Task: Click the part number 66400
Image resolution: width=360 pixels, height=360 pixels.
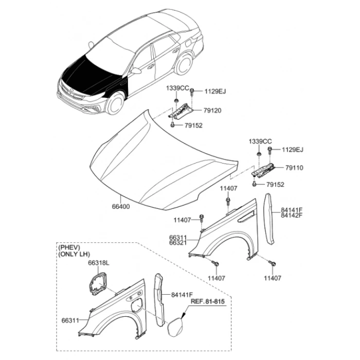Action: point(121,207)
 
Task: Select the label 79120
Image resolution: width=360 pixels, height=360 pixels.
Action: point(212,111)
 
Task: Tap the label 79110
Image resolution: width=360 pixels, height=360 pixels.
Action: point(294,168)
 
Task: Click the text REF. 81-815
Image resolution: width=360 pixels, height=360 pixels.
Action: point(208,301)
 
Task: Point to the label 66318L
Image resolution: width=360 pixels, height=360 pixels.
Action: point(99,263)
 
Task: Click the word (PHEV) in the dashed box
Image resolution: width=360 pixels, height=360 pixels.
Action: point(69,247)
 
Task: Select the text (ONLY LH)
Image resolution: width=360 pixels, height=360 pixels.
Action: point(74,254)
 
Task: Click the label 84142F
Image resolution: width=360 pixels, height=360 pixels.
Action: point(292,215)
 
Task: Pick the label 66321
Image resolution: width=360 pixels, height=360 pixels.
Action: point(178,243)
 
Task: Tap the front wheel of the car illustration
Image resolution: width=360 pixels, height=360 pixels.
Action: point(115,103)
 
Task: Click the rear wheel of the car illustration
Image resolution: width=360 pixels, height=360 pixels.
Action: point(184,64)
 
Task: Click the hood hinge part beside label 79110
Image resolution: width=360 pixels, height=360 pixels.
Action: point(263,170)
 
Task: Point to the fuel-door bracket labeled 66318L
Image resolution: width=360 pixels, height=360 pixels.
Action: point(97,283)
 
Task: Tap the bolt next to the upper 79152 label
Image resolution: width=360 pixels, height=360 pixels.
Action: point(173,124)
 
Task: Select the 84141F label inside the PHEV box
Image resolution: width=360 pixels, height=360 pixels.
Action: point(182,295)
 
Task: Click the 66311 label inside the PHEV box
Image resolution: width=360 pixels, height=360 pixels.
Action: point(70,320)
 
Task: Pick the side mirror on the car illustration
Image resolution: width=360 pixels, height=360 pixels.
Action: point(136,71)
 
